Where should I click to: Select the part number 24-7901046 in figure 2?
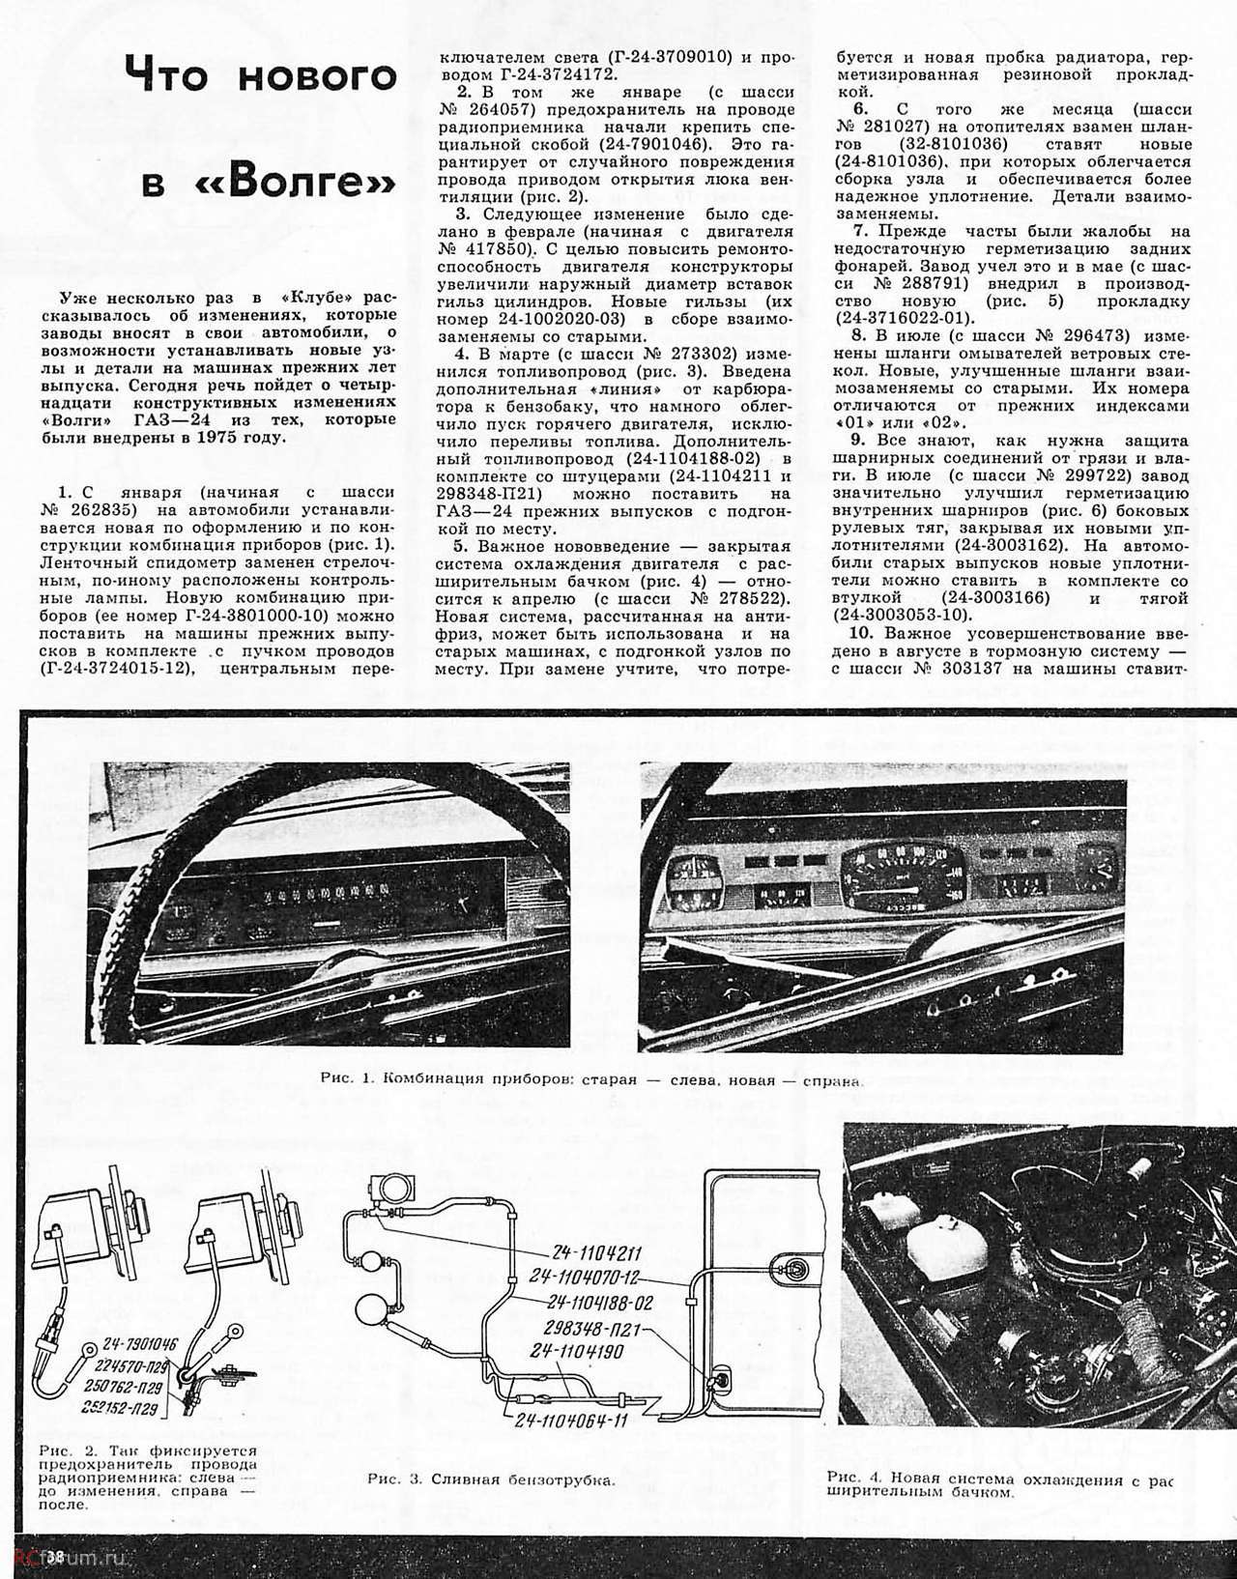(x=134, y=1346)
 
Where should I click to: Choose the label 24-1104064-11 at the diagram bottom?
(x=572, y=1421)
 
